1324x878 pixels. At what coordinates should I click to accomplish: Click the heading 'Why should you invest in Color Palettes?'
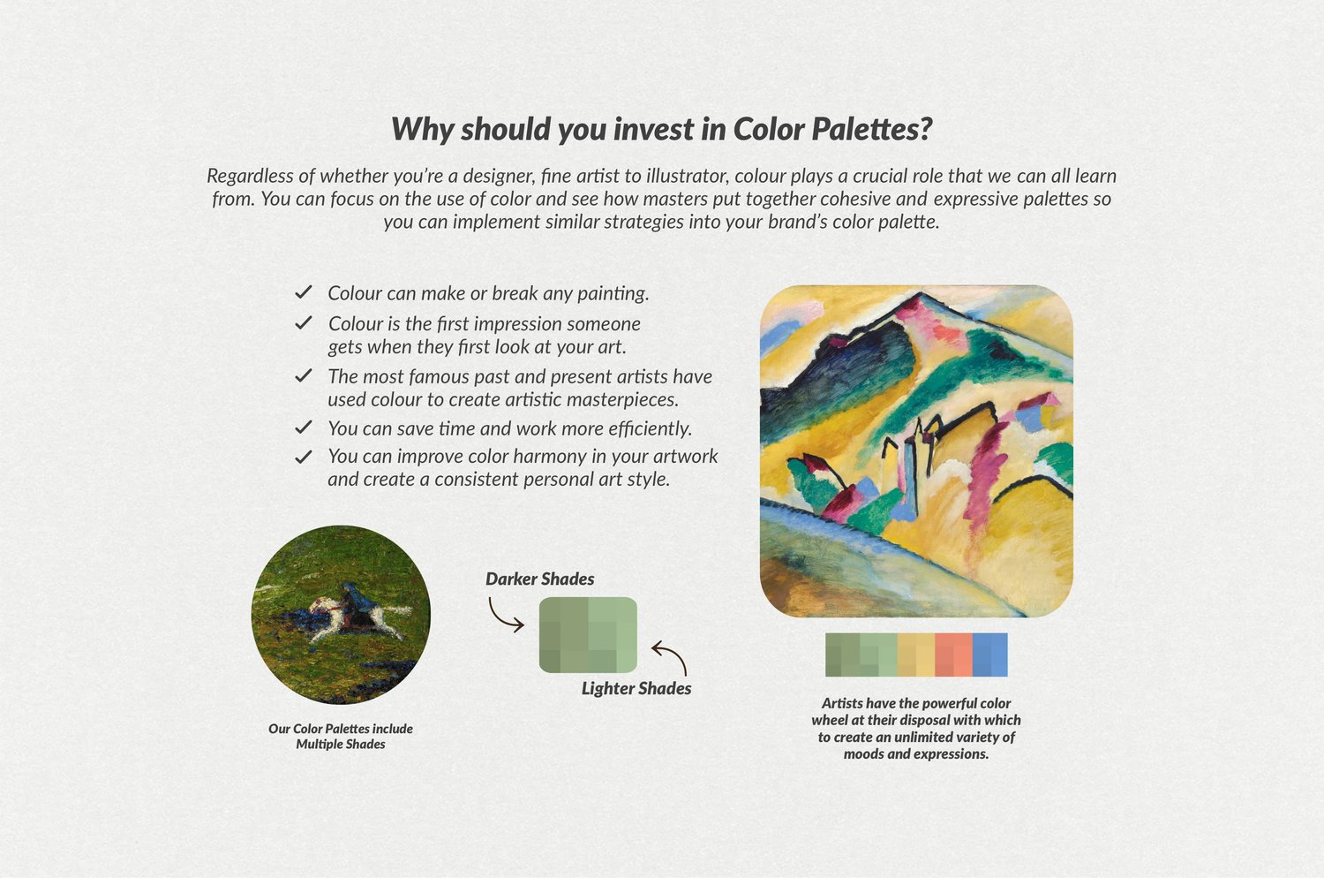662,129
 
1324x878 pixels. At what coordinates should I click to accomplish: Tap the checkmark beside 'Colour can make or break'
304,291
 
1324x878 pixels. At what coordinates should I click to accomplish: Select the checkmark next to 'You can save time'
304,428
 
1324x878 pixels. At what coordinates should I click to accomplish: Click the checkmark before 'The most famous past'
304,375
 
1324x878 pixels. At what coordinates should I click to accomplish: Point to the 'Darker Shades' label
539,579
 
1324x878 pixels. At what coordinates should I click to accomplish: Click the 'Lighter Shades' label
636,688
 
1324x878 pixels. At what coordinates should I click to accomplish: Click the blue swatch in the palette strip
989,655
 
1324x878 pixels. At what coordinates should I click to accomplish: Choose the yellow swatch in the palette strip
916,655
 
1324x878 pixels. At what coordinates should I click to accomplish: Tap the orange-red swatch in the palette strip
953,655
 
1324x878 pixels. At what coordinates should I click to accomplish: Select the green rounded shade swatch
588,635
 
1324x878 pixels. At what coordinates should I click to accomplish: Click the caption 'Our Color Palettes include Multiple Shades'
341,736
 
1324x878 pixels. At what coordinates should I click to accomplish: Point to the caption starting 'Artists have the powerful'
916,729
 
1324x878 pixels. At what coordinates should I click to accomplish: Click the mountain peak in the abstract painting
917,296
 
